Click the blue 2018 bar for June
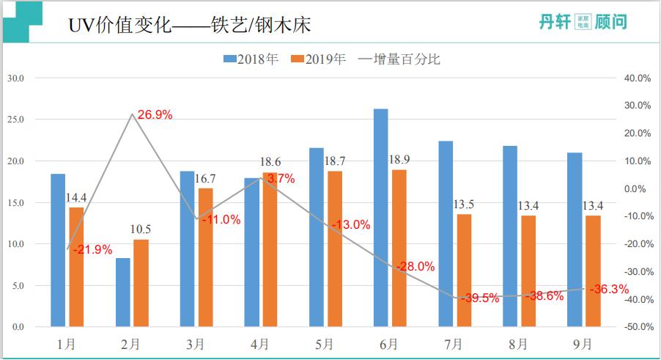pyautogui.click(x=380, y=218)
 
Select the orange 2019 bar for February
pyautogui.click(x=141, y=283)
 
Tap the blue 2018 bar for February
pyautogui.click(x=123, y=292)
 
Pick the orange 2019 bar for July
pyautogui.click(x=464, y=270)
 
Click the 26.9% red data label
pyautogui.click(x=155, y=114)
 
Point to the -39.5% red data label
pyautogui.click(x=480, y=298)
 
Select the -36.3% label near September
pyautogui.click(x=609, y=289)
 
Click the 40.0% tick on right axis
pyautogui.click(x=637, y=78)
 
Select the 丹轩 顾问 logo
pyautogui.click(x=583, y=23)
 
